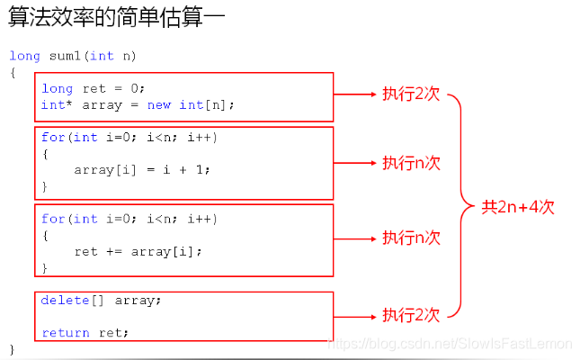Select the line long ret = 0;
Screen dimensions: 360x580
pos(93,88)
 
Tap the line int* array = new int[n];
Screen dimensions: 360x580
pos(138,104)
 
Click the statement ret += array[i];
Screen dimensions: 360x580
pos(138,251)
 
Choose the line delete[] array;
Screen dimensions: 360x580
pos(101,300)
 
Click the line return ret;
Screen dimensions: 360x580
pos(85,332)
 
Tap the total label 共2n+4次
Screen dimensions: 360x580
pos(518,207)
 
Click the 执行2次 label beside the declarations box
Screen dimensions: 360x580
pos(411,94)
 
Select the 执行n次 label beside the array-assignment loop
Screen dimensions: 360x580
pos(411,163)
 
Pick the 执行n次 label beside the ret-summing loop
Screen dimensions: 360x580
pos(411,238)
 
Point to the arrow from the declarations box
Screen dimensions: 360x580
pos(355,94)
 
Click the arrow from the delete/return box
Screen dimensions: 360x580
pos(355,316)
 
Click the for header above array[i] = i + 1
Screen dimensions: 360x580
pos(129,138)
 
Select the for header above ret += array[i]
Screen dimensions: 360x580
pos(129,219)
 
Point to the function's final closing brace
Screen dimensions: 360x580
pos(13,347)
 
